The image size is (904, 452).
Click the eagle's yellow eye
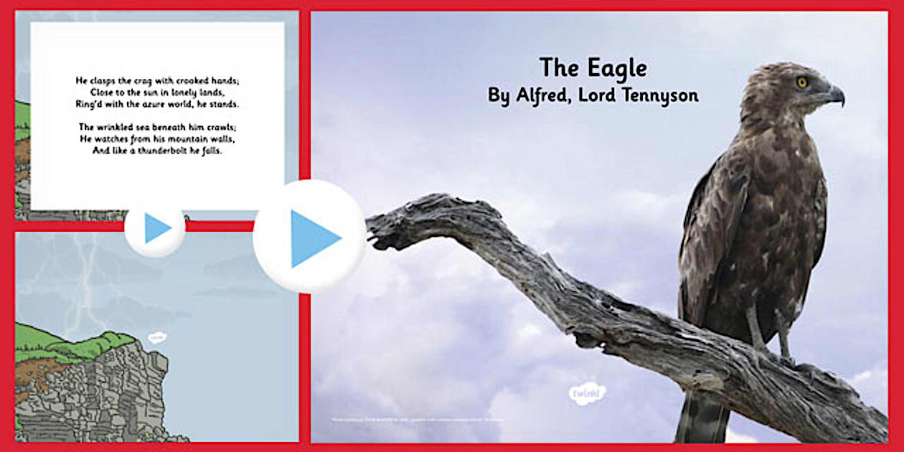(802, 83)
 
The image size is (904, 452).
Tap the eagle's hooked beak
(836, 95)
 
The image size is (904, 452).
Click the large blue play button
(310, 237)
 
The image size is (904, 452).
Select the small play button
(155, 228)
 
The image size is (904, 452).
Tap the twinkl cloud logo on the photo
(588, 393)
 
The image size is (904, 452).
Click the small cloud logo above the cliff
(156, 337)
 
